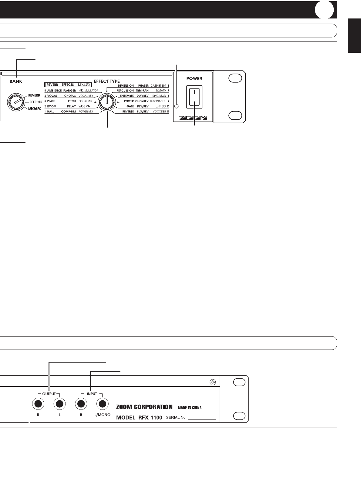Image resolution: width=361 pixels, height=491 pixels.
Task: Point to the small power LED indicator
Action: click(177, 106)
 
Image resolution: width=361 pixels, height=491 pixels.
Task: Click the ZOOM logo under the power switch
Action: click(193, 118)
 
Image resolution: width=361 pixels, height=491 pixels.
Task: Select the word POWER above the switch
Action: click(194, 78)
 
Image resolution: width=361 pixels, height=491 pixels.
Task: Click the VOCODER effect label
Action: click(159, 111)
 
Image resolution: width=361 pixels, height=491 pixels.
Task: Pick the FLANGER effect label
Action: click(69, 91)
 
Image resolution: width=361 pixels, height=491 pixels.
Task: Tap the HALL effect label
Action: click(50, 111)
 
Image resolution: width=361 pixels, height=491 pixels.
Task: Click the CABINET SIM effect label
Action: click(158, 86)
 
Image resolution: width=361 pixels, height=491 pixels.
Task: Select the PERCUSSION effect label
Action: click(125, 91)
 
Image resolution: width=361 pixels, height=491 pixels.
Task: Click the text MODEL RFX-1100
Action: click(139, 417)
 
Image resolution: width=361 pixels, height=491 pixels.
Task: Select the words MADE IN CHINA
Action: click(190, 407)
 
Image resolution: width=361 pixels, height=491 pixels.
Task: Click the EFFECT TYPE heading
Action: click(107, 81)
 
